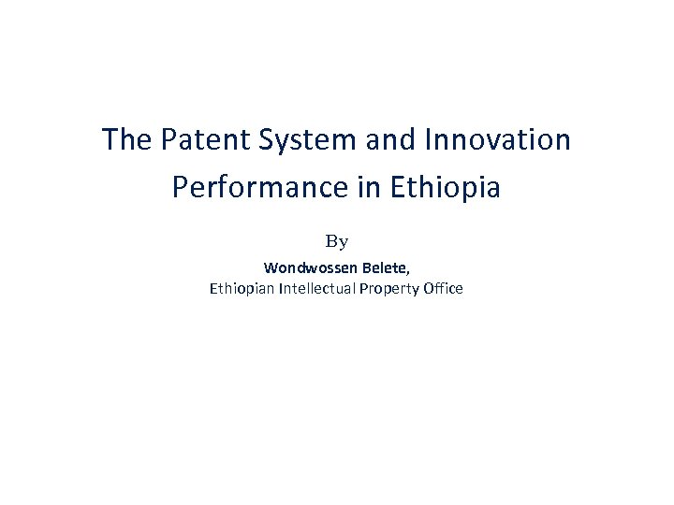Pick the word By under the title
coord(337,241)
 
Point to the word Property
coord(388,289)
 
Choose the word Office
coord(443,288)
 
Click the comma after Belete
coord(409,272)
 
